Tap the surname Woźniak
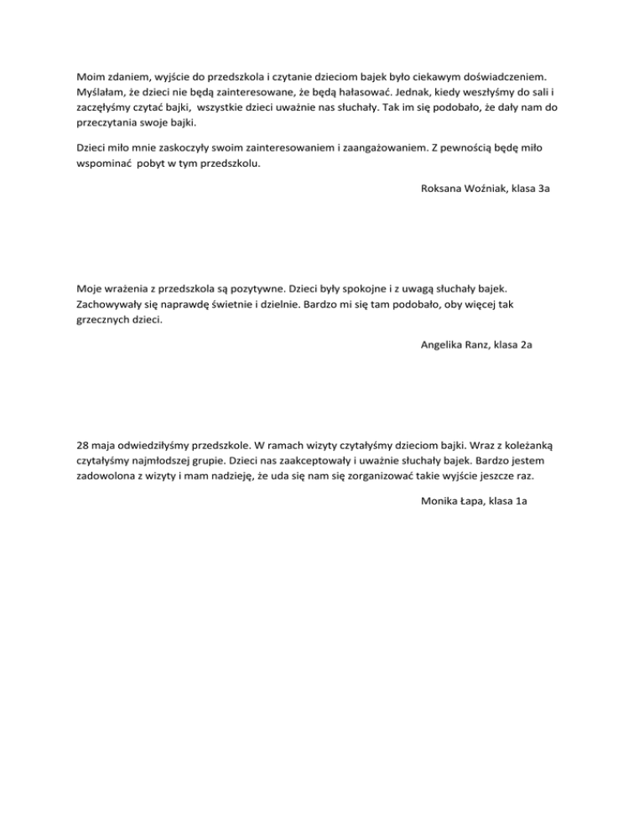click(x=493, y=189)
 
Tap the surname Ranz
click(x=486, y=345)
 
